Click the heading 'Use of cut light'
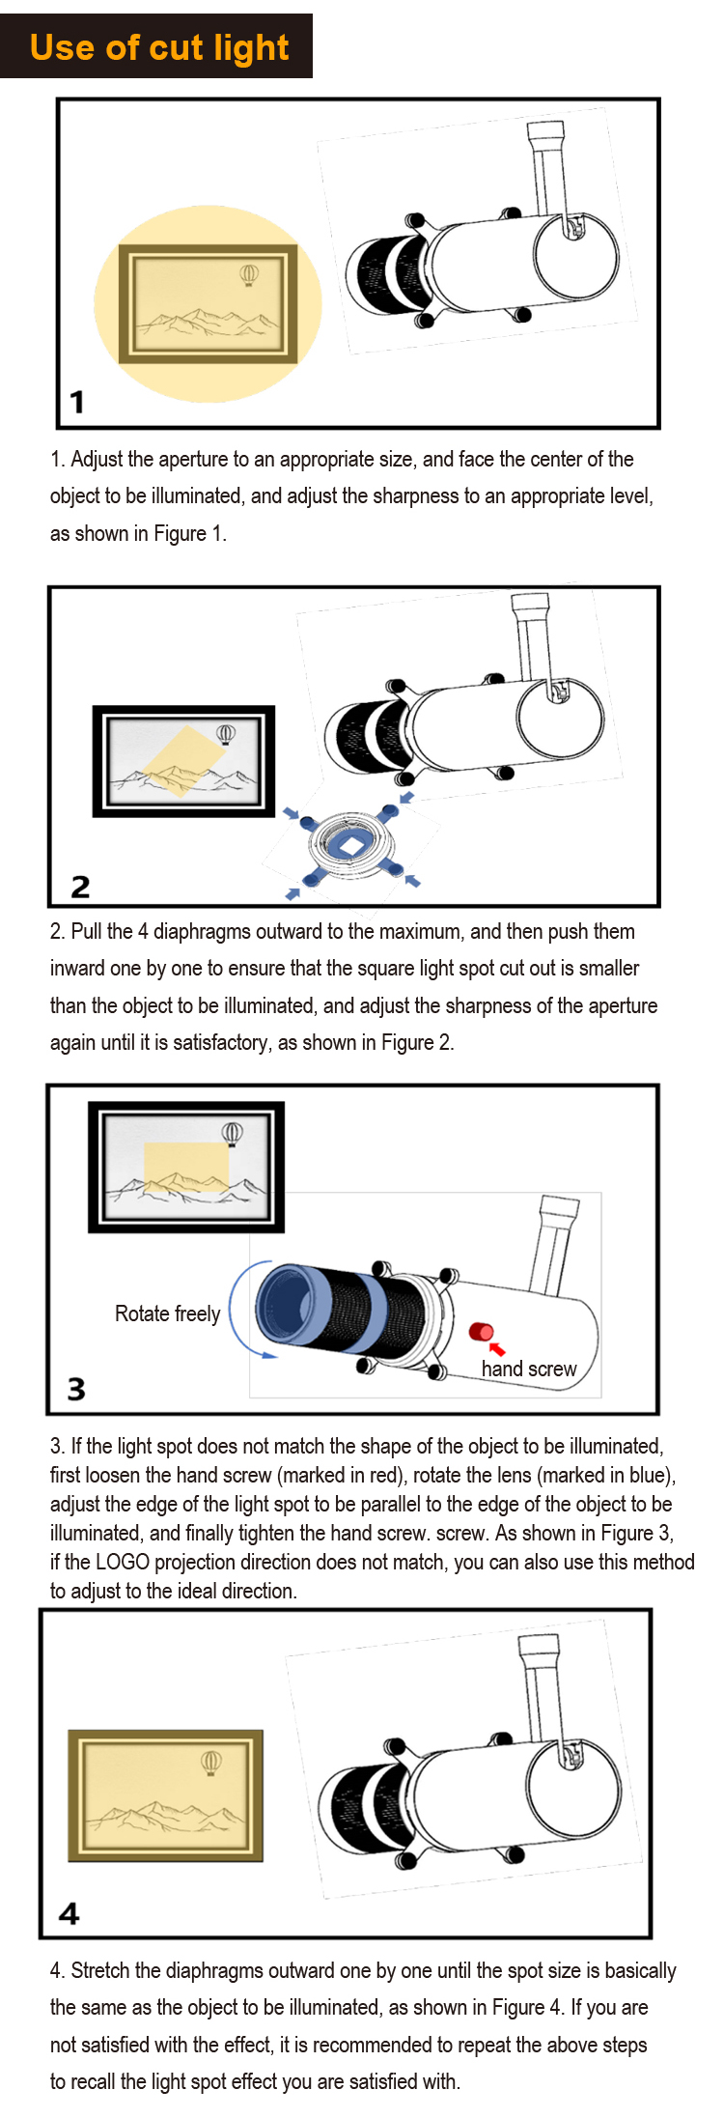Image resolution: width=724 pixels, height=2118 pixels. point(159,47)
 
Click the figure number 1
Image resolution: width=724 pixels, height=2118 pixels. point(77,401)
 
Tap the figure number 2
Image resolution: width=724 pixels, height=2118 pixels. point(80,887)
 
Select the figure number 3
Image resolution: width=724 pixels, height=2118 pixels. point(76,1389)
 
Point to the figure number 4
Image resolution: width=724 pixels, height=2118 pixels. point(70,1913)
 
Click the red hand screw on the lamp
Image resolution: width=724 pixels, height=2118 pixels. point(481,1332)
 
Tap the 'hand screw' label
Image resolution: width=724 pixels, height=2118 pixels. point(529,1369)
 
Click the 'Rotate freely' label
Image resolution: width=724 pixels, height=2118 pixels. point(167,1313)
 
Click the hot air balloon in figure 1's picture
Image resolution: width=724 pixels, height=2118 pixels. point(249,276)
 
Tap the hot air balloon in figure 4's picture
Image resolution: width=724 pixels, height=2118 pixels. point(211,1763)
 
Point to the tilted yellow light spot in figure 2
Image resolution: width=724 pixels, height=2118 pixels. point(183,761)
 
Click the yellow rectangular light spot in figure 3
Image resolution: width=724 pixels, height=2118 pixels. point(186,1167)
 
